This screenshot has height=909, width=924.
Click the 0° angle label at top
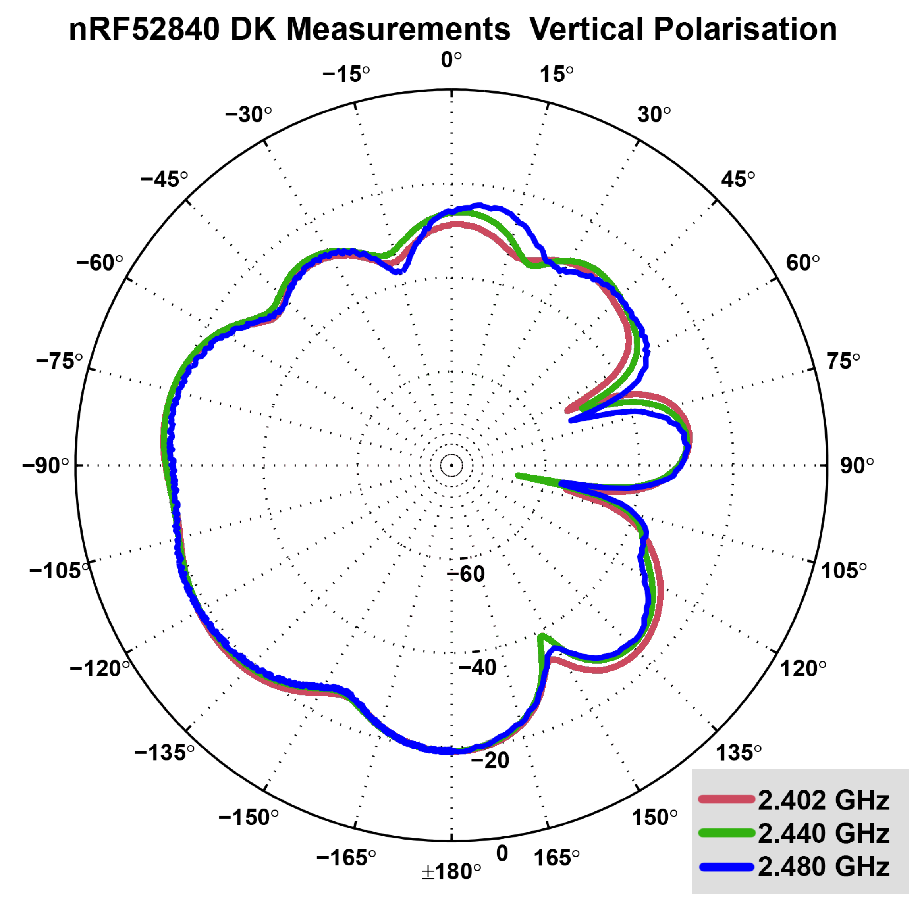[451, 60]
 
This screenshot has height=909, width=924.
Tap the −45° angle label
[164, 179]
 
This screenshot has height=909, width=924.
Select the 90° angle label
[856, 465]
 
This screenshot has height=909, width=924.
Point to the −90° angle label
[46, 465]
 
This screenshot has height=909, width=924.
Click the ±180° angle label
[451, 872]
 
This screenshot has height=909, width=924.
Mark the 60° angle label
[802, 263]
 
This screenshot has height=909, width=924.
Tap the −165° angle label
[346, 858]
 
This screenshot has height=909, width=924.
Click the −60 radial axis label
[466, 574]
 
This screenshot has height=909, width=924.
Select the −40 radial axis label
[477, 667]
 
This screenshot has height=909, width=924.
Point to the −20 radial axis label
[490, 761]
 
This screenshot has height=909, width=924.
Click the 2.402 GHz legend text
[823, 800]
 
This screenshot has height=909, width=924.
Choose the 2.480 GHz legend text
[823, 867]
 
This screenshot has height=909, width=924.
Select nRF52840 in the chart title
[144, 30]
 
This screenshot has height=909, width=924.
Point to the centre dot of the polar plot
[451, 465]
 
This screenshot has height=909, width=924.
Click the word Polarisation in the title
[745, 30]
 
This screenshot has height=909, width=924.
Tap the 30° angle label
[653, 115]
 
